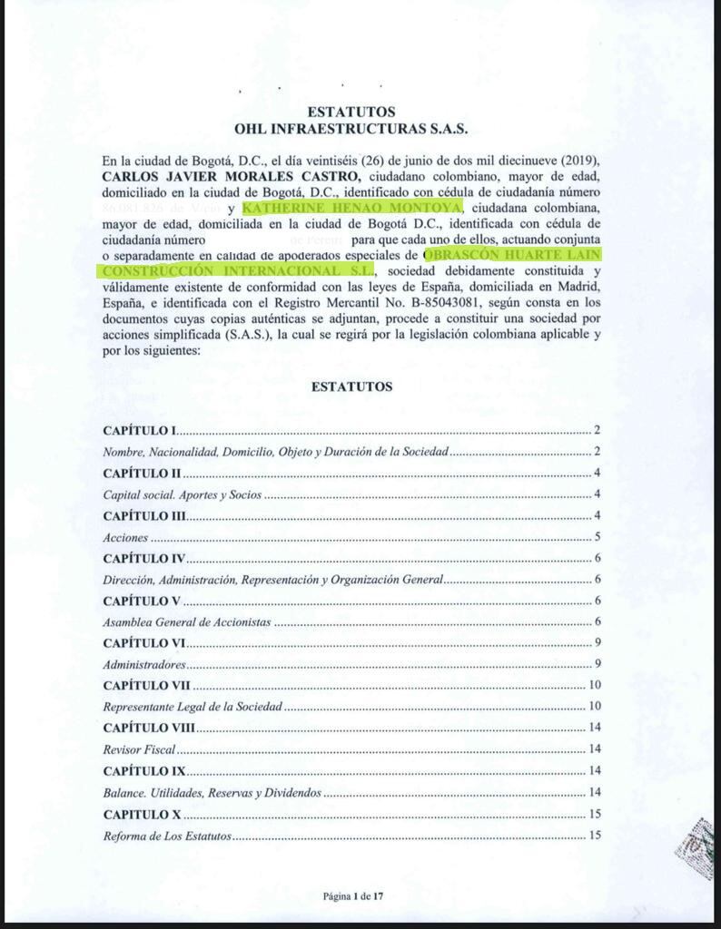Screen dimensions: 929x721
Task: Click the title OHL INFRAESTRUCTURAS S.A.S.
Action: [x=351, y=129]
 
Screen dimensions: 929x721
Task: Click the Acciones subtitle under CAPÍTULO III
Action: [x=126, y=537]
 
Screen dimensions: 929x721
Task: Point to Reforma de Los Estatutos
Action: [x=168, y=836]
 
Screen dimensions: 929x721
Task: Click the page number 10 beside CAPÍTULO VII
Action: [x=596, y=686]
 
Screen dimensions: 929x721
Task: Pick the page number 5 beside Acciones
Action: [x=598, y=537]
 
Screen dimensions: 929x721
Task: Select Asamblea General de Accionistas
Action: [x=188, y=622]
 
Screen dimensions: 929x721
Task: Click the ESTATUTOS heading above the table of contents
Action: [x=351, y=386]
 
